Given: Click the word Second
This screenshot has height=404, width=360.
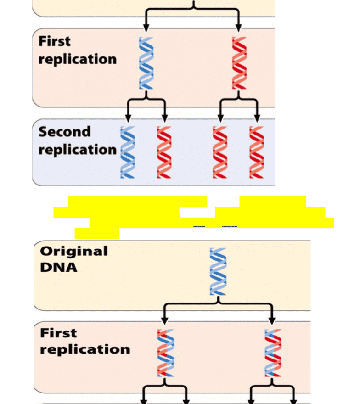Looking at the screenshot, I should pos(64,132).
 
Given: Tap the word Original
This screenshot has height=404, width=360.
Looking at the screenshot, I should pos(73,251).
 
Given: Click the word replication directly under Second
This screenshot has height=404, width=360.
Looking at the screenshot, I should pos(77,150).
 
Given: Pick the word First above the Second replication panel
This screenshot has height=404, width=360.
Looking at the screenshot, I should pos(54,41).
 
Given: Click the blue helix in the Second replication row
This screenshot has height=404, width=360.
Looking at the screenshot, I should pos(128,152).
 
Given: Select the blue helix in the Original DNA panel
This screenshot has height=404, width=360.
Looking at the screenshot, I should pos(218,272).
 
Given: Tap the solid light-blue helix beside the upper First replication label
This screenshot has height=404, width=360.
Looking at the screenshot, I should pos(146,63).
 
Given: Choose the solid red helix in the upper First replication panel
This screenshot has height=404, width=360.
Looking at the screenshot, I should pos(239,63).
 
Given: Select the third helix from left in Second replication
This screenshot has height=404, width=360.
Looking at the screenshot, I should pos(220,152).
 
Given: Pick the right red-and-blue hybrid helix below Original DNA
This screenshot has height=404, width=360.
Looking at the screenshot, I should pos(273,353).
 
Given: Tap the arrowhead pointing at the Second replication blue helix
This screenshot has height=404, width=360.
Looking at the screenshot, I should pos(128,118).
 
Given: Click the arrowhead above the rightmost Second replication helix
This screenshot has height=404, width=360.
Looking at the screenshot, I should pos(257,118).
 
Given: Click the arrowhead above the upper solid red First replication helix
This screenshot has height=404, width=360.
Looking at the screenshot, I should pos(238,28).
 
